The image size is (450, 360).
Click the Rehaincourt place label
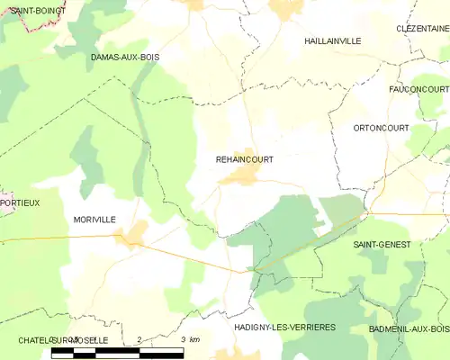[x=245, y=159]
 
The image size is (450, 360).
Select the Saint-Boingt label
[x=24, y=11]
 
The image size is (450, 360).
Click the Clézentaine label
[x=422, y=29]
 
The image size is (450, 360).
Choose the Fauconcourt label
[x=419, y=89]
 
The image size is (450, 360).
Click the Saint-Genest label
[x=382, y=245]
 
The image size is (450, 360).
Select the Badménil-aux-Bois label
[x=409, y=330]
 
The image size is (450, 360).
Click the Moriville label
[x=94, y=220]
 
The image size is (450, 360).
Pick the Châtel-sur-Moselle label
[x=64, y=340]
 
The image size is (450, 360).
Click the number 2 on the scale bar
[x=139, y=339]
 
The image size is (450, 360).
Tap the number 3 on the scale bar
[x=183, y=339]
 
